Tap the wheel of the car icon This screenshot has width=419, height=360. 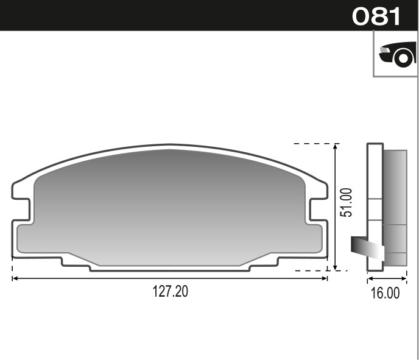click(x=403, y=58)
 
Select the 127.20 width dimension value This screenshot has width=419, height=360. click(x=170, y=292)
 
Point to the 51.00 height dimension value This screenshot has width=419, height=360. click(x=346, y=203)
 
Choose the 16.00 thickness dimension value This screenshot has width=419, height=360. click(x=385, y=293)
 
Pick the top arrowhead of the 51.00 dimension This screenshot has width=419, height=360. click(x=335, y=147)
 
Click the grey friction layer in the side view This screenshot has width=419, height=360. click(x=395, y=207)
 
